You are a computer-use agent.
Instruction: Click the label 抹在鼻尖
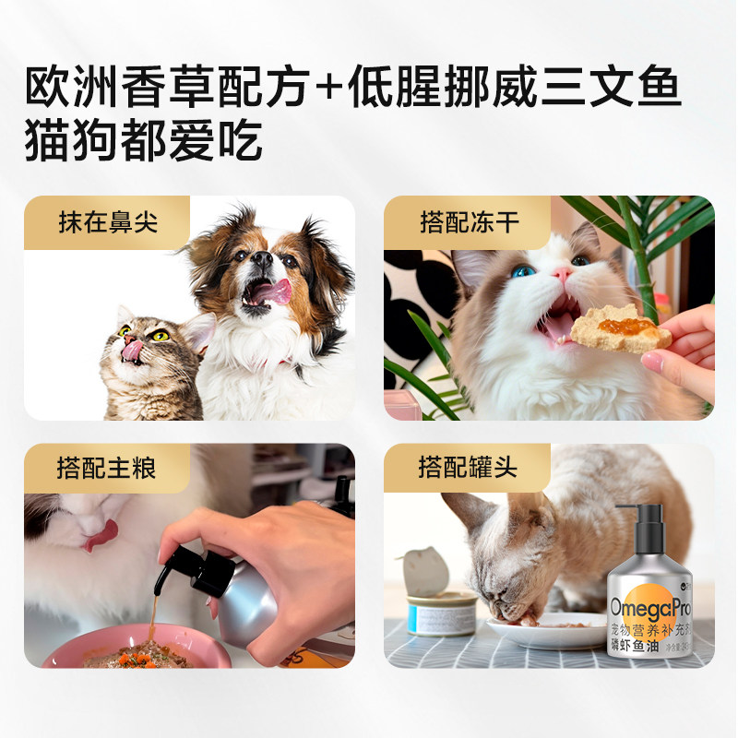point(107,224)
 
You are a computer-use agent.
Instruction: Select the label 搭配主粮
point(107,469)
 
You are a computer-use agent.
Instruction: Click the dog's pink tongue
point(271,292)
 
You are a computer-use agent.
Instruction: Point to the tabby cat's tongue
point(133,350)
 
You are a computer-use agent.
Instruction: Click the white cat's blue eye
point(524,271)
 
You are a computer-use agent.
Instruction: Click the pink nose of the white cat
point(563,275)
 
